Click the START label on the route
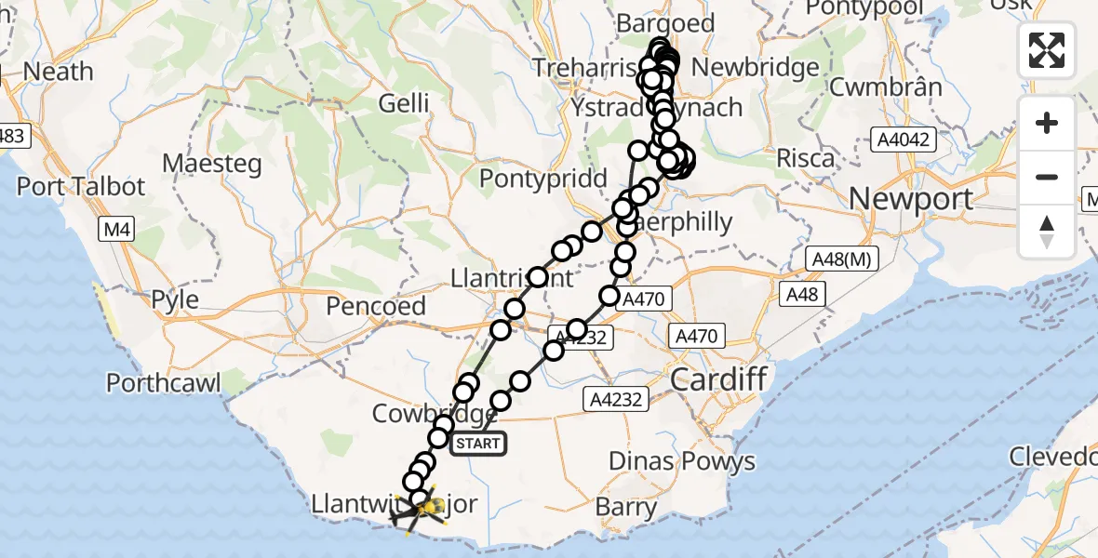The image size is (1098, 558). pyautogui.click(x=478, y=444)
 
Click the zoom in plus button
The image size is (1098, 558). pyautogui.click(x=1047, y=123)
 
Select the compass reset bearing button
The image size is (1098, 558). pyautogui.click(x=1047, y=231)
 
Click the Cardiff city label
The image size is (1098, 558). pyautogui.click(x=718, y=379)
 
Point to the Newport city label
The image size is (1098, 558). pyautogui.click(x=898, y=199)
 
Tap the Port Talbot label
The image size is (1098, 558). pyautogui.click(x=81, y=186)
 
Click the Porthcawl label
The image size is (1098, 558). pyautogui.click(x=163, y=382)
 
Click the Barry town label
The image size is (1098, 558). pyautogui.click(x=625, y=507)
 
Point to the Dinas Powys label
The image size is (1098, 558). pyautogui.click(x=681, y=461)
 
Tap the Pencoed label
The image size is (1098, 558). pyautogui.click(x=376, y=306)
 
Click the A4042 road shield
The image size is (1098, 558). pyautogui.click(x=901, y=139)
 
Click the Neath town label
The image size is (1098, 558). pyautogui.click(x=58, y=72)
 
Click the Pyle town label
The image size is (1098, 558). pyautogui.click(x=175, y=300)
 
